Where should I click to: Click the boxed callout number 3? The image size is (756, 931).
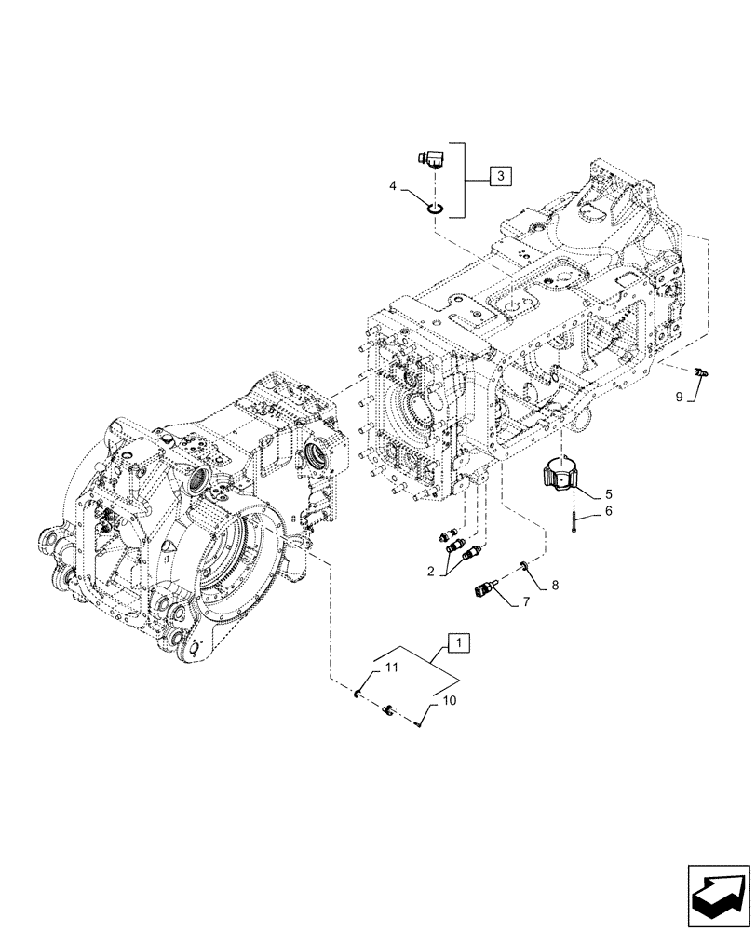(500, 175)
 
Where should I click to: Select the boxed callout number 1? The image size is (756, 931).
(460, 641)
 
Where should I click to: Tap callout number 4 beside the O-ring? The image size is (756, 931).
(394, 187)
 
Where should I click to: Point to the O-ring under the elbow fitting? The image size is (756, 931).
(434, 207)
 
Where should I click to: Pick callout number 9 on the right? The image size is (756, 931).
(679, 397)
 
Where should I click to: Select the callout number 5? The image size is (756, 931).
(608, 495)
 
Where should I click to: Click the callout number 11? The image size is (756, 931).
(392, 668)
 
